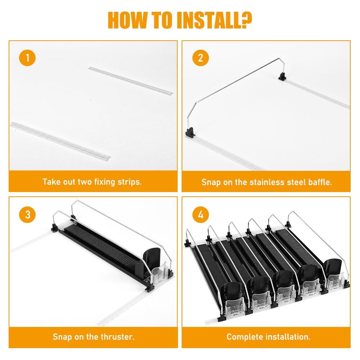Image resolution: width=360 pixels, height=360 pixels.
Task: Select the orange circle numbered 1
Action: tap(27, 58)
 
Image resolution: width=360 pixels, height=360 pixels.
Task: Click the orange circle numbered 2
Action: tap(200, 58)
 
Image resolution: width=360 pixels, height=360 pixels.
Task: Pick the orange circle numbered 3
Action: tap(27, 215)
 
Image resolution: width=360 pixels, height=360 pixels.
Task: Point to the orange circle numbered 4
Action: tap(200, 215)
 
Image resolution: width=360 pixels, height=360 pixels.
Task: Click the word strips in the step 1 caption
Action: tap(129, 182)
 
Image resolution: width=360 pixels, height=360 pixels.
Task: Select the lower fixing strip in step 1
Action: tap(60, 140)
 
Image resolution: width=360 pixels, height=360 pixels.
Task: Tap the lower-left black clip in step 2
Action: tap(190, 133)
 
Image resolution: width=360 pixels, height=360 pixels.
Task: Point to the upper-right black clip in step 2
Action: tap(283, 76)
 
